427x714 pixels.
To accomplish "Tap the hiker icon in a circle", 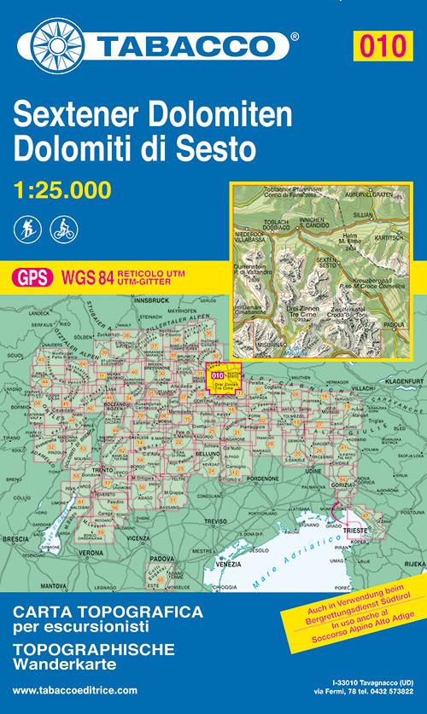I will pos(25,228).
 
